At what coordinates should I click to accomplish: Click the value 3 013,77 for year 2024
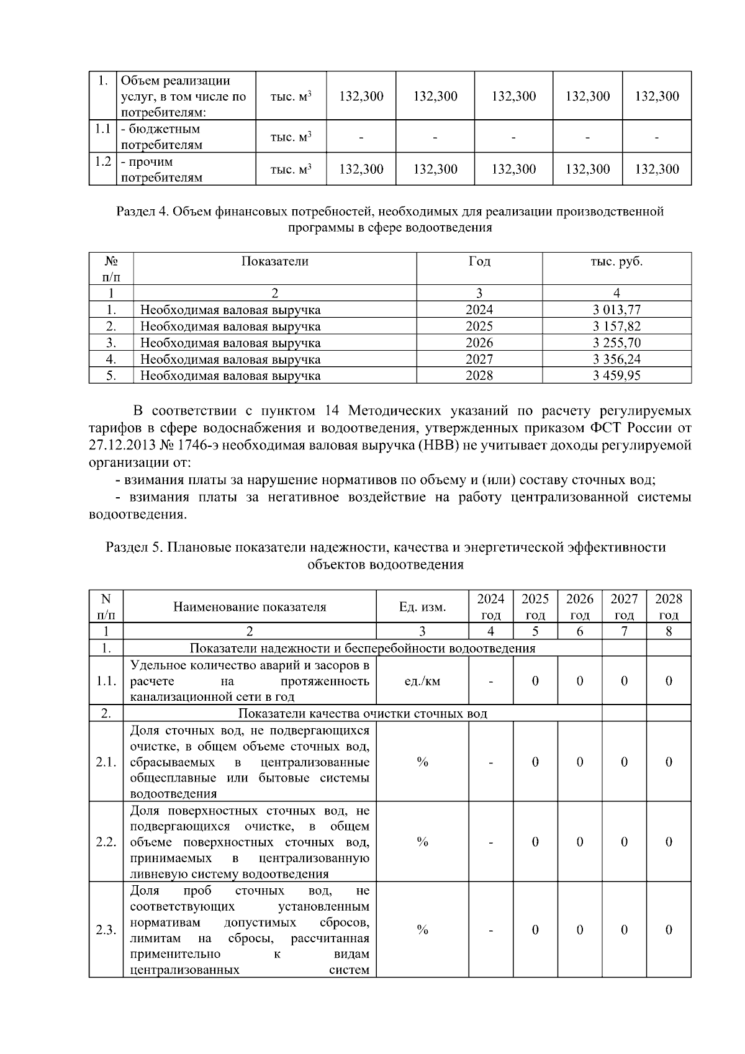click(616, 310)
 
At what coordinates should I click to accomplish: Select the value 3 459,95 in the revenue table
click(616, 376)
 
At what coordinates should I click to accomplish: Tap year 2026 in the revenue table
click(479, 343)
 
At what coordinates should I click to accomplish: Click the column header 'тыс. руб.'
click(616, 261)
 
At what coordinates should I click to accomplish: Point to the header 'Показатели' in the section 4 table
click(274, 261)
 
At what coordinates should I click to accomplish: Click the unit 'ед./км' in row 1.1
click(422, 681)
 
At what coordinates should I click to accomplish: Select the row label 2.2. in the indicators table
click(106, 842)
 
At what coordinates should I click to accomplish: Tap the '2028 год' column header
click(669, 606)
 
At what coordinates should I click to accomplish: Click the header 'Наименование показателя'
click(250, 607)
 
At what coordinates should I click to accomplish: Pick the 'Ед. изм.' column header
click(422, 607)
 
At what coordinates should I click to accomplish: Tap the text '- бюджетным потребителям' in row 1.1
click(161, 137)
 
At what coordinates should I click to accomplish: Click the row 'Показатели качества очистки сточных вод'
click(363, 713)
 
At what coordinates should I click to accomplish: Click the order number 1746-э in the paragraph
click(197, 446)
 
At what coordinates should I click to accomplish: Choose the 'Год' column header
click(479, 261)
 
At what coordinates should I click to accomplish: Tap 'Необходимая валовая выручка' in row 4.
click(230, 359)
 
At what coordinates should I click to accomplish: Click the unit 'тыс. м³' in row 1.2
click(291, 169)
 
